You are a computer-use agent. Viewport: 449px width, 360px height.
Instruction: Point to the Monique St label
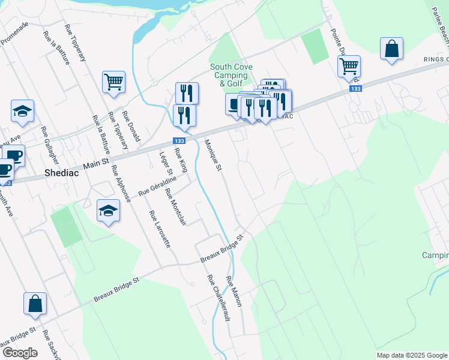point(213,155)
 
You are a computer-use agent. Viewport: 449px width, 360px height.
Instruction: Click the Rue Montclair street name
point(175,208)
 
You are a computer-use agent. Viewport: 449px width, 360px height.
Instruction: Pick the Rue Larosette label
point(160,229)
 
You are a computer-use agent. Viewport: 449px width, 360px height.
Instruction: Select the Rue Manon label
point(234,292)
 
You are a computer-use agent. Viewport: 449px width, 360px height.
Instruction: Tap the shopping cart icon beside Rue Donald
point(113,82)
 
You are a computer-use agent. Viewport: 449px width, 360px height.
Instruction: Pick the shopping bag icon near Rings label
point(391,49)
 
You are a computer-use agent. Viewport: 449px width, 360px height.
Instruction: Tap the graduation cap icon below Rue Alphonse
point(108,211)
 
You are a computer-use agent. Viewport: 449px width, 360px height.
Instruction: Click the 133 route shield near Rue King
point(178,140)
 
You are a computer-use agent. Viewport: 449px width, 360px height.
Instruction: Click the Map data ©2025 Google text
point(411,355)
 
